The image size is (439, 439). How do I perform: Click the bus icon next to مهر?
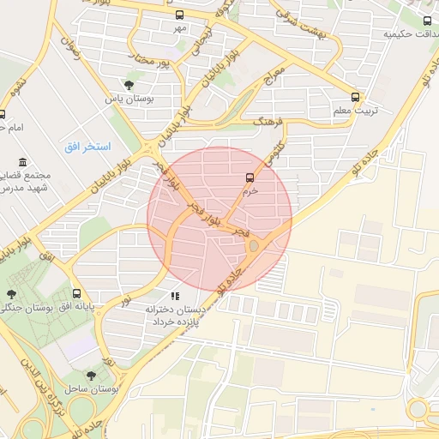[179, 15]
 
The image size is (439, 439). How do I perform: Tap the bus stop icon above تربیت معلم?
[356, 97]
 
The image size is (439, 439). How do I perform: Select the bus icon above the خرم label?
[250, 178]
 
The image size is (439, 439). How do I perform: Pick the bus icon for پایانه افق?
[77, 293]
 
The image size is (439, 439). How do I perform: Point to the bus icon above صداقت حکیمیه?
[427, 21]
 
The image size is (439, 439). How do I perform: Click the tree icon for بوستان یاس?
[129, 85]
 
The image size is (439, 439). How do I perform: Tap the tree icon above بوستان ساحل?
[92, 376]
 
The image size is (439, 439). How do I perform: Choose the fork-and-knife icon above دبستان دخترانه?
[175, 296]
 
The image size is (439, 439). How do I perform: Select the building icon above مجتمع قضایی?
[22, 162]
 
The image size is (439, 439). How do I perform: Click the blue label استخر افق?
[87, 147]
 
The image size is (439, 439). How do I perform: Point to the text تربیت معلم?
[353, 111]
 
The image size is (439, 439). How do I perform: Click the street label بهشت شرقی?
[298, 20]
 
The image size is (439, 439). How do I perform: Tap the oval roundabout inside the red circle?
[253, 247]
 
